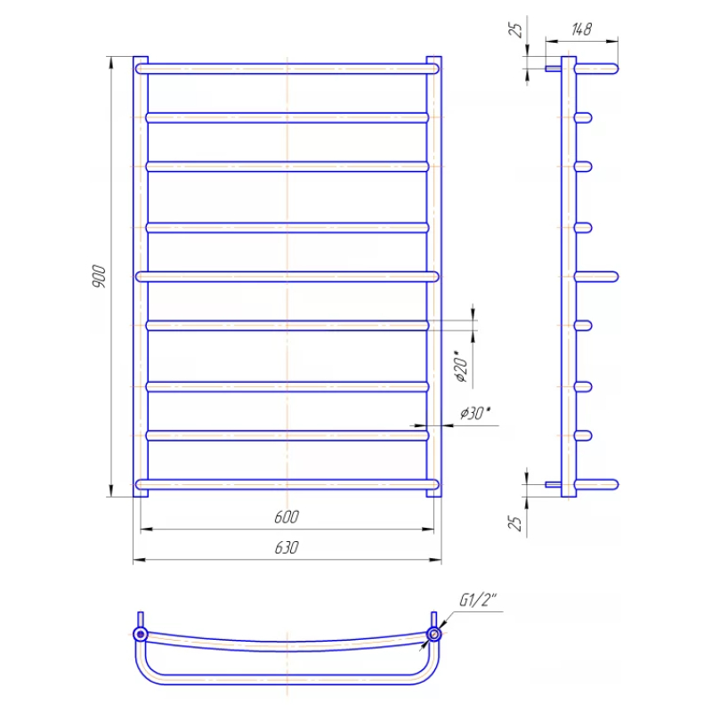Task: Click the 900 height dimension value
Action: tap(99, 276)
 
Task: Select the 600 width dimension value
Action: tap(287, 517)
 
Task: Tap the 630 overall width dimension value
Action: tap(287, 547)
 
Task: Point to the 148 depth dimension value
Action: tap(581, 29)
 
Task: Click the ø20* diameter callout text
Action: tap(461, 367)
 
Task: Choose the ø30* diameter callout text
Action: tap(475, 413)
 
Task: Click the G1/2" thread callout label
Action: tap(478, 600)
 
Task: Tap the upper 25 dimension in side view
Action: tap(515, 30)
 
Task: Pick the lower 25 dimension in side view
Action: tap(515, 523)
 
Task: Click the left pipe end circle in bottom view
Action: tap(141, 634)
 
